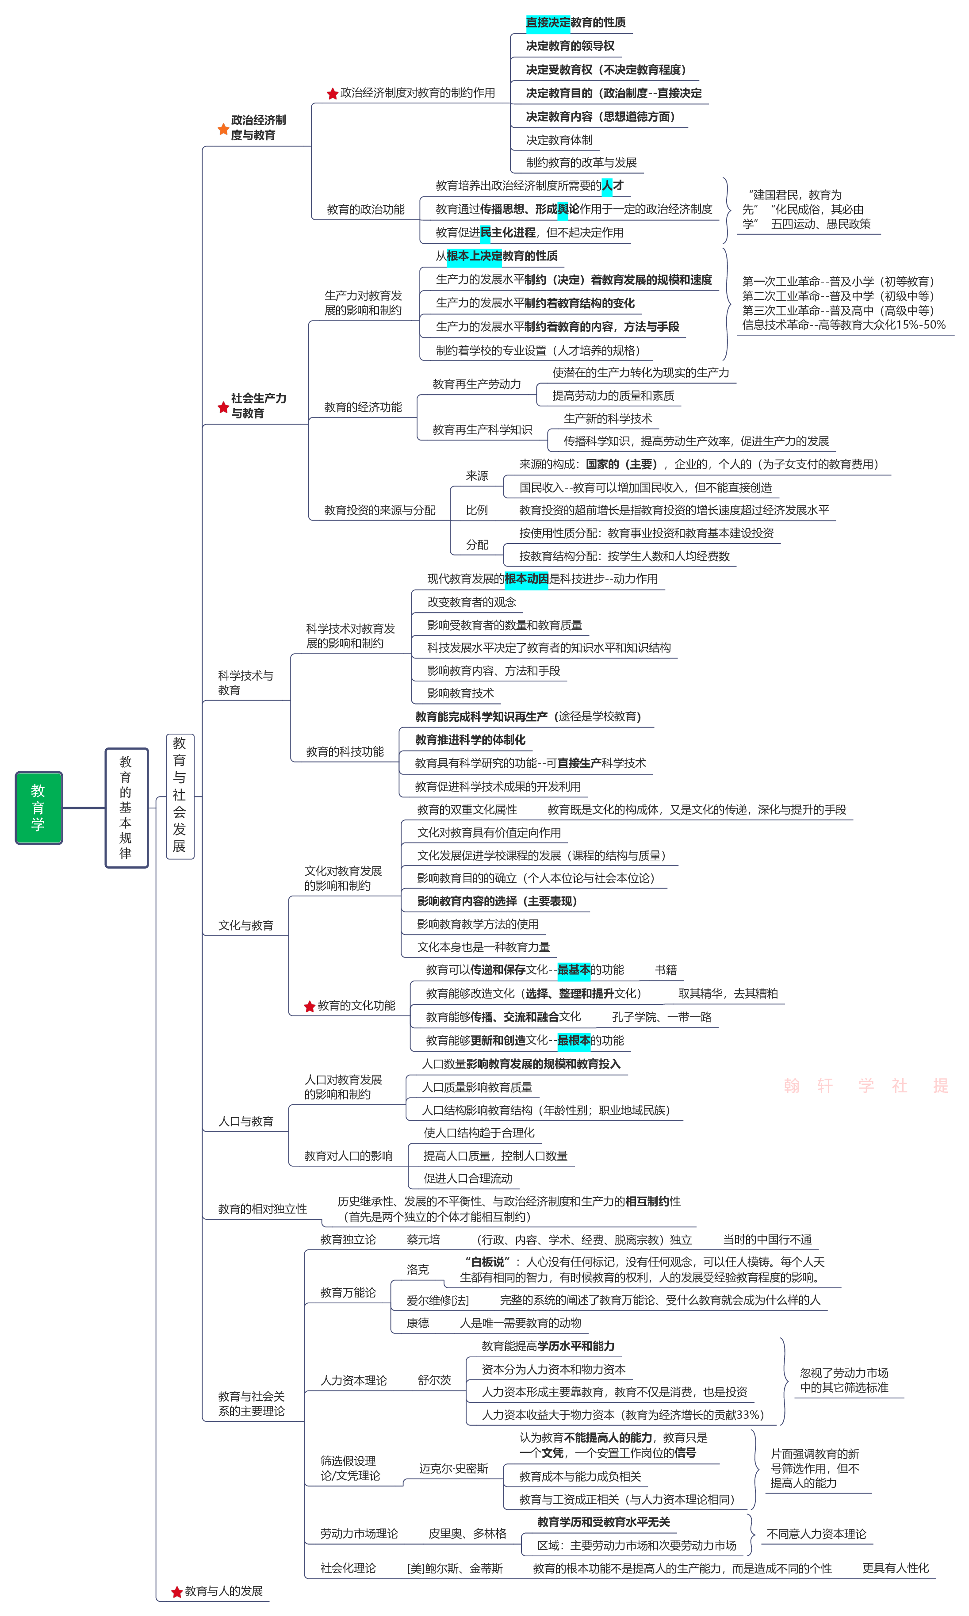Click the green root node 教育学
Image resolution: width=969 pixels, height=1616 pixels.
[38, 807]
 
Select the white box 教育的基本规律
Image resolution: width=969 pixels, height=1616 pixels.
[126, 807]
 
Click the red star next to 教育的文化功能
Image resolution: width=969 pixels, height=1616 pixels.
[310, 1006]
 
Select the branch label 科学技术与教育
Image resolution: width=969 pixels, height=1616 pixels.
[245, 682]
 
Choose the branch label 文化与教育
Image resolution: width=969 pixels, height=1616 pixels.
[245, 925]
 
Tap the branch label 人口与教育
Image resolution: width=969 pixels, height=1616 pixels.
[245, 1121]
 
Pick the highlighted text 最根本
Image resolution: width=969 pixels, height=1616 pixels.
[573, 1040]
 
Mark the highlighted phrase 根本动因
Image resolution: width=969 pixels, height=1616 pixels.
[526, 578]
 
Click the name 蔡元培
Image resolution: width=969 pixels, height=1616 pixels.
[423, 1239]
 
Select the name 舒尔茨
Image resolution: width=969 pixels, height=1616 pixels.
[434, 1380]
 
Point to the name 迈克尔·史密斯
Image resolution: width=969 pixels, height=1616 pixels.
[453, 1468]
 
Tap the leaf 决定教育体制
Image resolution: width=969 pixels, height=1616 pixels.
[559, 140]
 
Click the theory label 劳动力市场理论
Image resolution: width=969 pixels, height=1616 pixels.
[359, 1533]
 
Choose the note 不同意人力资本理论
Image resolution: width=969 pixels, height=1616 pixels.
[816, 1533]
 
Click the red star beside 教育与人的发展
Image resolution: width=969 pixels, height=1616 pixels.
[176, 1592]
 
